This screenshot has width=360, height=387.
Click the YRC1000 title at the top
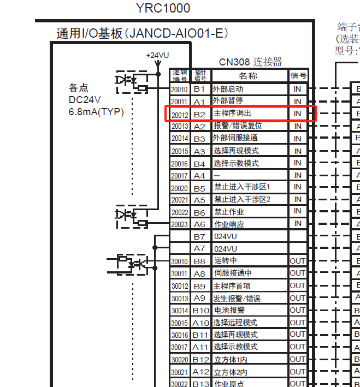pos(163,8)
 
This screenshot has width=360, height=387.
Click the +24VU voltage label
pos(157,55)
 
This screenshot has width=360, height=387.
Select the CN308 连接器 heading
pos(251,62)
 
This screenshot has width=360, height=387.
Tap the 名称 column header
pos(249,76)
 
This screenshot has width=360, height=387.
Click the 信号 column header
pos(298,76)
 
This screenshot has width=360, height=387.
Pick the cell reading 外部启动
pos(228,88)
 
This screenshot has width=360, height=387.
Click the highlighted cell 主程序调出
pos(233,114)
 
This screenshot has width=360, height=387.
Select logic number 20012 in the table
pos(180,114)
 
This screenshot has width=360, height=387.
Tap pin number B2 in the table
pos(200,114)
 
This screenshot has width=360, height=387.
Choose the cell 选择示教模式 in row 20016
pos(236,163)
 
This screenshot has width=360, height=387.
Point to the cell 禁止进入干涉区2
pos(242,199)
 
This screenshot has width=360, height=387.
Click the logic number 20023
pos(180,224)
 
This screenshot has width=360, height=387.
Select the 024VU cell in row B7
pos(226,237)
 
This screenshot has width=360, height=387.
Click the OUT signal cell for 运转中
pos(298,261)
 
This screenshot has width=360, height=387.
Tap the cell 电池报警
pos(229,310)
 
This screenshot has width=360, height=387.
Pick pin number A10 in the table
pos(200,323)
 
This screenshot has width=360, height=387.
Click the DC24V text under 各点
pos(85,100)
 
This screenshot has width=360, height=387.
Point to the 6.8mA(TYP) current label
pos(96,112)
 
